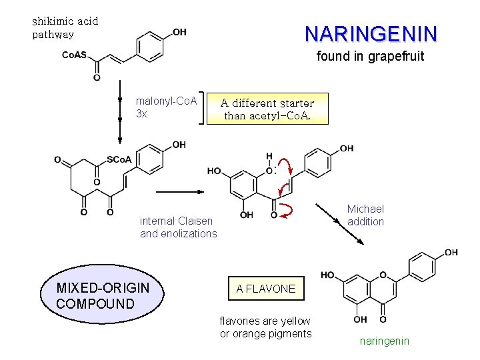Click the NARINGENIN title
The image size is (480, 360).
(371, 33)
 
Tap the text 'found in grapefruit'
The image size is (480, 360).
(370, 57)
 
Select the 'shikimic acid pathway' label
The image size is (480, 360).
(65, 27)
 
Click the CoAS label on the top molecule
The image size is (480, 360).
(74, 55)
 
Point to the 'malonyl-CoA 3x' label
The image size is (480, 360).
(166, 107)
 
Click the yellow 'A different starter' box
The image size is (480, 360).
(267, 109)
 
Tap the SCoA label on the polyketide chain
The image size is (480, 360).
(119, 160)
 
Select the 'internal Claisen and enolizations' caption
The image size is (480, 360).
(178, 227)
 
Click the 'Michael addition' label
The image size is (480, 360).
(365, 215)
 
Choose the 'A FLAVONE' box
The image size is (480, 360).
(265, 289)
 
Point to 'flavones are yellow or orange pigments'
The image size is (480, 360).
(265, 327)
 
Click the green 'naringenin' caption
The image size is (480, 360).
(385, 341)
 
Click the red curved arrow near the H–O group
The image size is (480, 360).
(285, 165)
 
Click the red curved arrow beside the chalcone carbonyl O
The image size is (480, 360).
(288, 211)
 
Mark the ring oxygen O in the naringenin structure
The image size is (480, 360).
(383, 274)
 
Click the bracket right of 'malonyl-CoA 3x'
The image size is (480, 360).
(203, 107)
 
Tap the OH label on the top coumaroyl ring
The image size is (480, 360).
(179, 32)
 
